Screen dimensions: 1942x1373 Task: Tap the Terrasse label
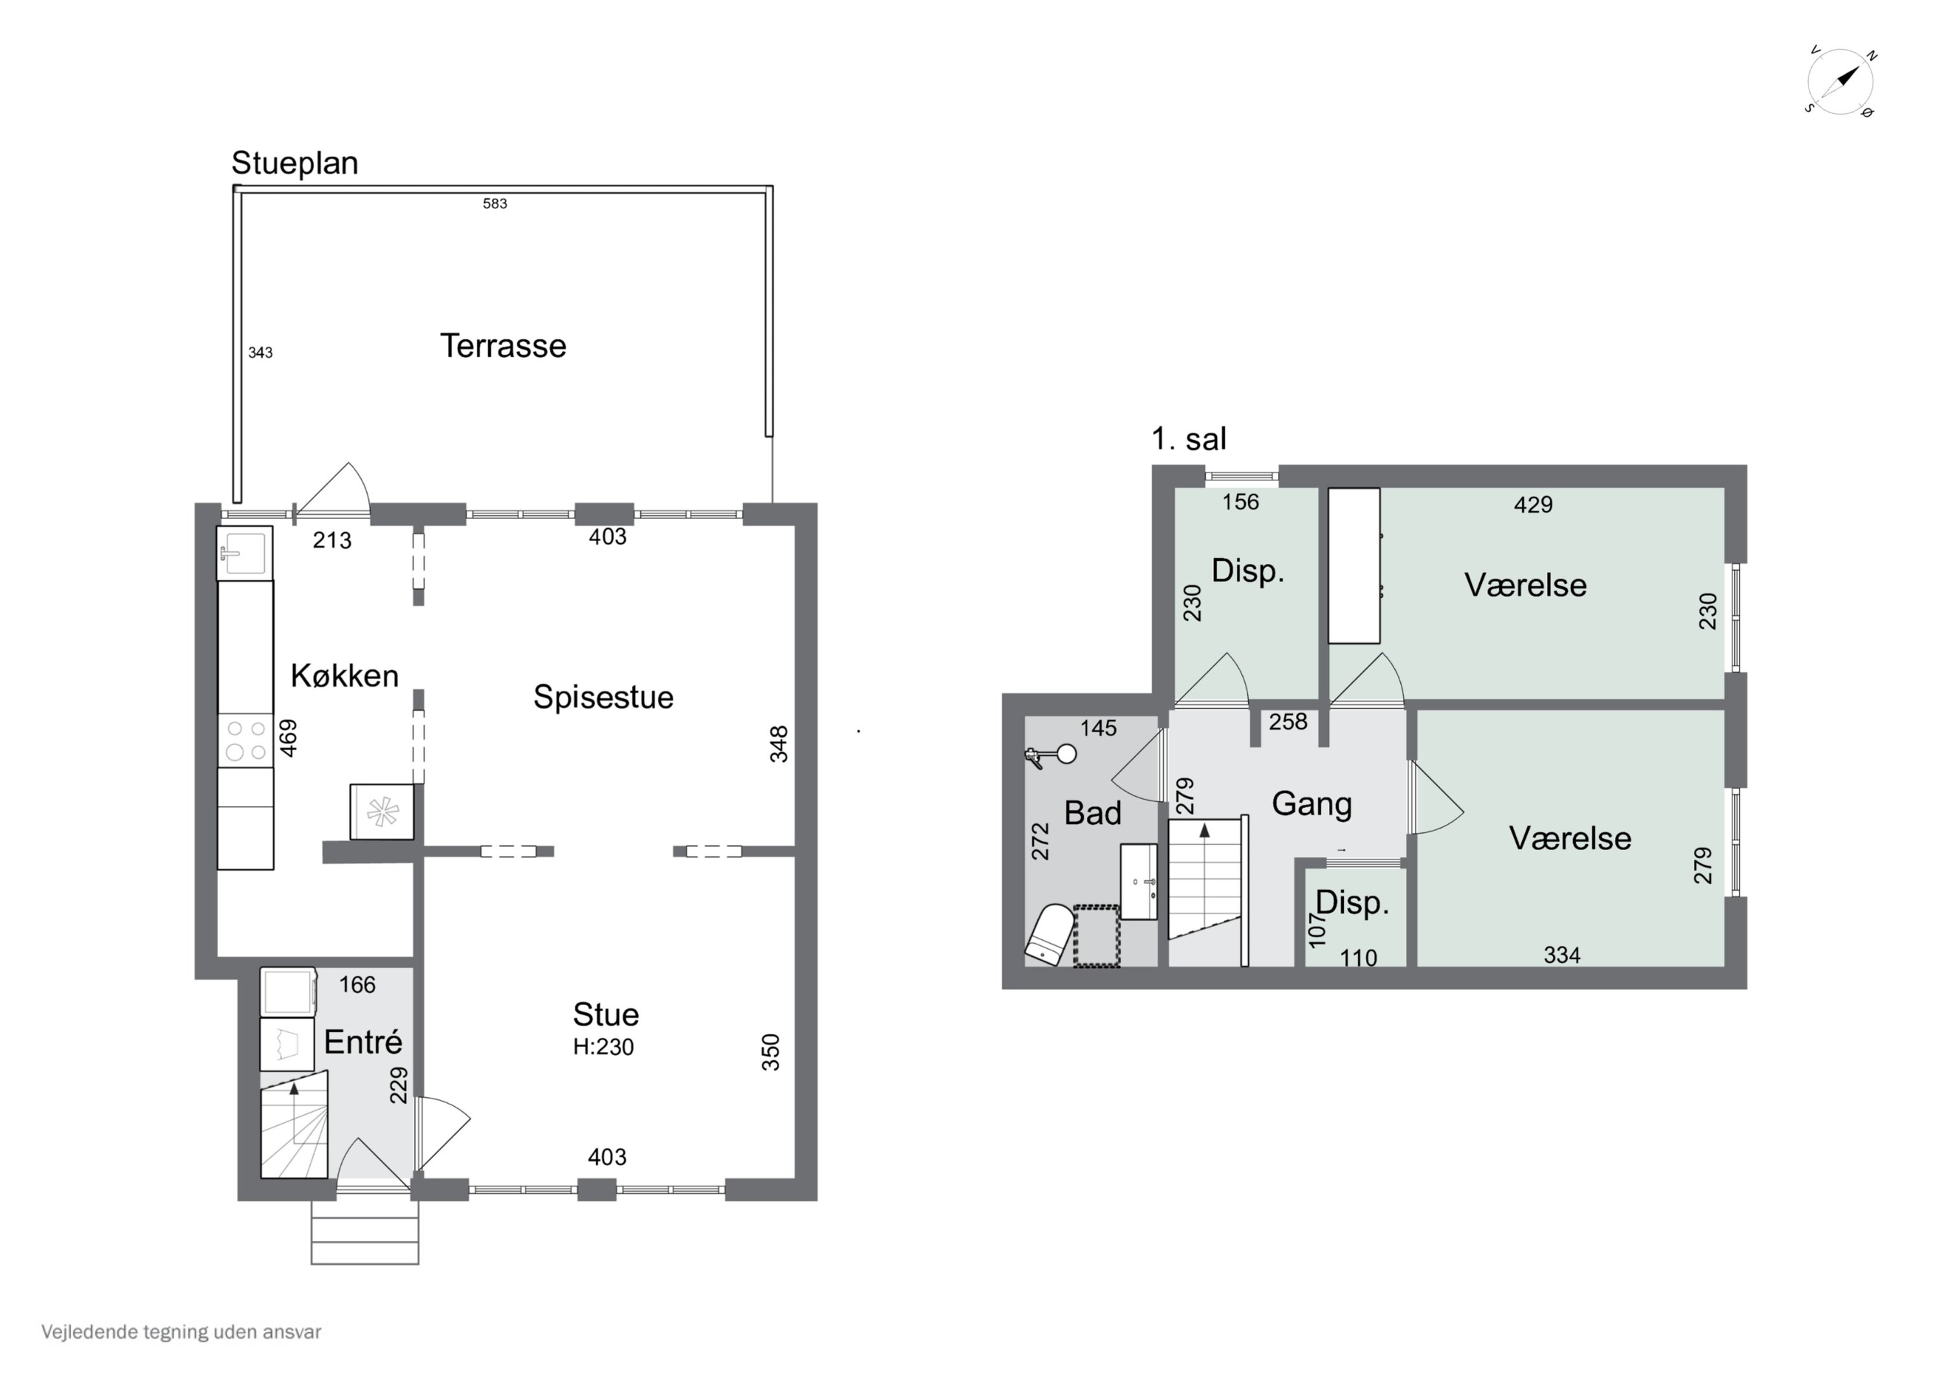point(503,346)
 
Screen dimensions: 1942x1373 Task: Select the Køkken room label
point(344,675)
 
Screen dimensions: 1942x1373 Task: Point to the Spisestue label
point(603,697)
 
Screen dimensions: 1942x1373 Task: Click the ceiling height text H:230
point(603,1047)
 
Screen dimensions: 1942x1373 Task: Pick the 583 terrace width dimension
point(495,203)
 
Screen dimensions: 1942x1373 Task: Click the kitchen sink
point(245,552)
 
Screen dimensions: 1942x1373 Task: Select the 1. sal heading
point(1189,439)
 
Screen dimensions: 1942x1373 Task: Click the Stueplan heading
point(295,162)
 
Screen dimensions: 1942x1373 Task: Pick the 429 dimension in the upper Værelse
point(1533,505)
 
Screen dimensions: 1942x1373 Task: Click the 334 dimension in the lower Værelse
point(1561,955)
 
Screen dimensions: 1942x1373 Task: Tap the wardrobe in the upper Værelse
point(1354,565)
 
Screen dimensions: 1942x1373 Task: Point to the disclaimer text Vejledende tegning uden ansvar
point(181,1332)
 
